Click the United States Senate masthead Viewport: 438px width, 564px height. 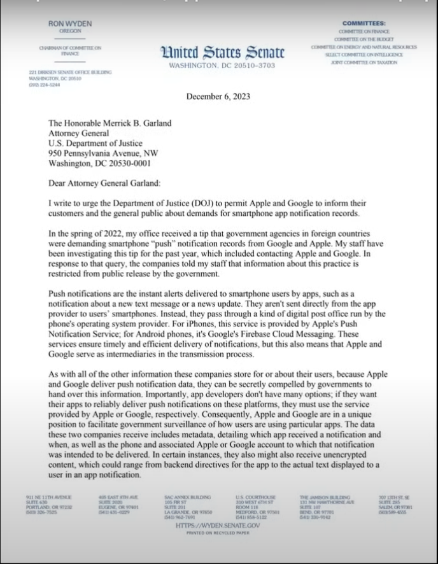coord(222,53)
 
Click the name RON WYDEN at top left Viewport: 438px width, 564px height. coord(70,24)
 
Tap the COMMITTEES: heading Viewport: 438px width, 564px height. coord(364,24)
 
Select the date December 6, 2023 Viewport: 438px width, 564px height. coord(218,97)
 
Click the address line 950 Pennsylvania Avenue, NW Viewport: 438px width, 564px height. coord(103,153)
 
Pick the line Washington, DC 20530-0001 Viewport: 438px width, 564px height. coord(99,163)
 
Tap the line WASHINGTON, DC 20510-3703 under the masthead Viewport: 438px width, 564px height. coord(222,66)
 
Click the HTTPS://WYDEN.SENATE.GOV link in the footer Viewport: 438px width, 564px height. coord(218,526)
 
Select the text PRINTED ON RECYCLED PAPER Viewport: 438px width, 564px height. coord(218,533)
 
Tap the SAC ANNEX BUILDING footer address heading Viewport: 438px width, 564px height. coord(187,496)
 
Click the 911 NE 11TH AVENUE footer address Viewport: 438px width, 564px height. coord(49,496)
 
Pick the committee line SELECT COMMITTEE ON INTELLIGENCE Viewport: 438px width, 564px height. coord(364,55)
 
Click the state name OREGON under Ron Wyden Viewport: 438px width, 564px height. coord(70,31)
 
